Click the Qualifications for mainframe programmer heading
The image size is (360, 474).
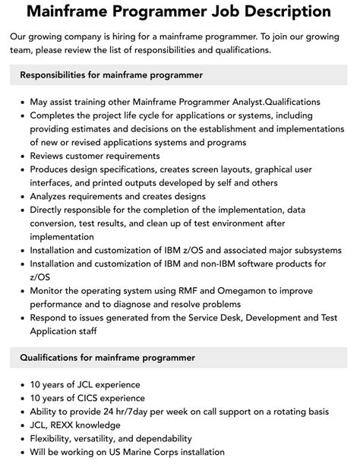(107, 357)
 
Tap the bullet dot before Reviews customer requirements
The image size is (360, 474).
(21, 156)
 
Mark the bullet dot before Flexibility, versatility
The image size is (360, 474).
(21, 439)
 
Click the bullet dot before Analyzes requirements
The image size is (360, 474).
(21, 197)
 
